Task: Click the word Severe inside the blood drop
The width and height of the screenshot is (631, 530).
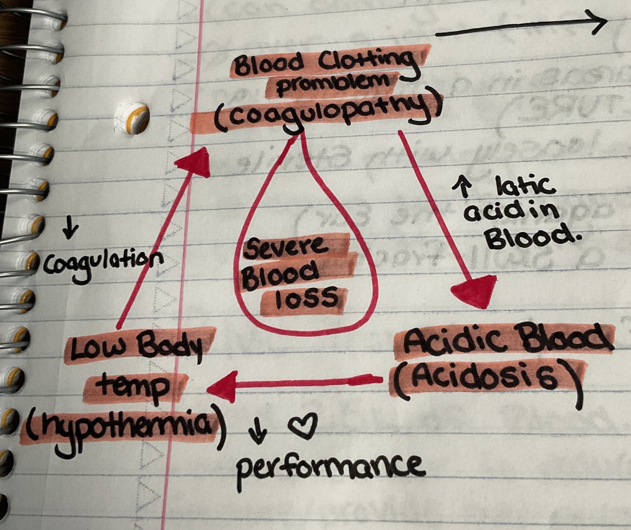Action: coord(286,247)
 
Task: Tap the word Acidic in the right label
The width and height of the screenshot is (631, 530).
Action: coord(445,341)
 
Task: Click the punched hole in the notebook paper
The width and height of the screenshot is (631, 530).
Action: coord(132,115)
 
